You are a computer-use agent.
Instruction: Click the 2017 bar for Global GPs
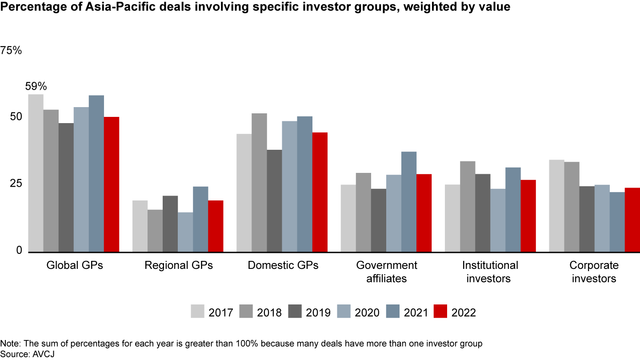[x=36, y=173]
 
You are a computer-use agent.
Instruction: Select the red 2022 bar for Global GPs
[x=112, y=184]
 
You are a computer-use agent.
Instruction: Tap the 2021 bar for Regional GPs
[x=200, y=219]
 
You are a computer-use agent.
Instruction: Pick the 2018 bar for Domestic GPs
[x=259, y=183]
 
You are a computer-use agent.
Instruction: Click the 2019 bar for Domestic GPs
[x=274, y=201]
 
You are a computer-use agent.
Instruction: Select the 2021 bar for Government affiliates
[x=409, y=202]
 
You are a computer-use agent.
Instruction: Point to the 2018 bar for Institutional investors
[x=468, y=207]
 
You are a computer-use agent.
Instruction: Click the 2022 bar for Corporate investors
[x=632, y=220]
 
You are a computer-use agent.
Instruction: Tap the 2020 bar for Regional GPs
[x=185, y=232]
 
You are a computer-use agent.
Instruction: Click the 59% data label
[x=36, y=86]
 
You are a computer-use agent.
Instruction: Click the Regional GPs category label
[x=179, y=266]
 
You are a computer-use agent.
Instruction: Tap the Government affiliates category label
[x=387, y=272]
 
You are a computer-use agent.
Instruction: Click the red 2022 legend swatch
[x=440, y=312]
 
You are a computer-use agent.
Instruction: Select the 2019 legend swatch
[x=295, y=312]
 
